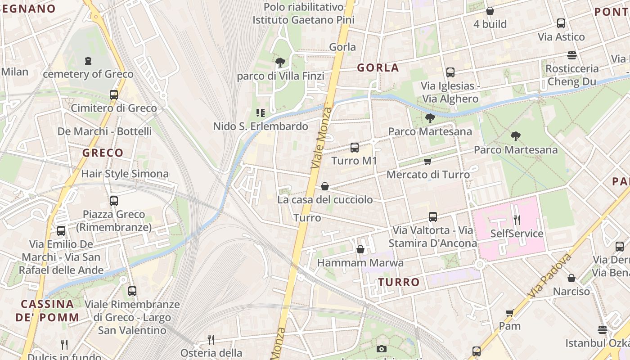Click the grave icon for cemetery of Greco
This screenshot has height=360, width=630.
88,60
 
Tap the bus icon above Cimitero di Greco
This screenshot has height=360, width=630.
113,94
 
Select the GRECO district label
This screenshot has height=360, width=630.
103,153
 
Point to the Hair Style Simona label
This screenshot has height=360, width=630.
125,174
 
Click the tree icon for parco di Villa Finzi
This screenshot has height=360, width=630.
280,63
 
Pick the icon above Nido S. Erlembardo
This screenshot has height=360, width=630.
260,112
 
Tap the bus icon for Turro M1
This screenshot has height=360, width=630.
354,147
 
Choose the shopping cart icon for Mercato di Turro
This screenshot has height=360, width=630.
427,161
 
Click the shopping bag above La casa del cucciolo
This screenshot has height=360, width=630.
325,186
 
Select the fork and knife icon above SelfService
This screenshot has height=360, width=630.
517,220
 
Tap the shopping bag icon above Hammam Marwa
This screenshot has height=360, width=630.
360,249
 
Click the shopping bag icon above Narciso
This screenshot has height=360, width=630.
571,278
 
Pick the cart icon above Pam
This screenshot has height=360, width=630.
509,312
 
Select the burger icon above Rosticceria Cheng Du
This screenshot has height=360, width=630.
572,55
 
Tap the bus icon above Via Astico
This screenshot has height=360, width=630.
561,23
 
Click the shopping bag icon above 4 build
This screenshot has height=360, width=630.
490,10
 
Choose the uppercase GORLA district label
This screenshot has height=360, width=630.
378,68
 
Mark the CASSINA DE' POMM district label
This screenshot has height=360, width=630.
47,310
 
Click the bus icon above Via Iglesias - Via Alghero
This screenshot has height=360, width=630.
450,72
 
